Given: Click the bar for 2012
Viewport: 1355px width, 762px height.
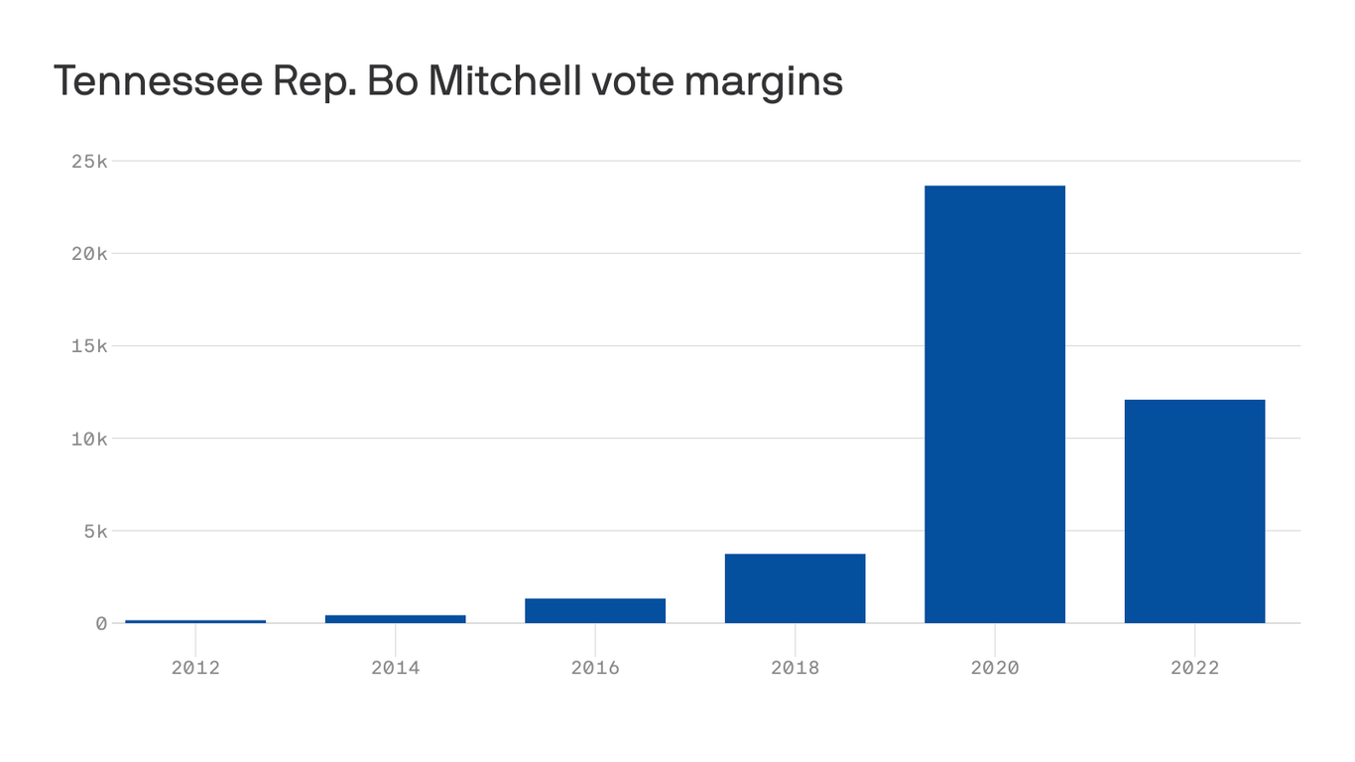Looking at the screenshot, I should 195,621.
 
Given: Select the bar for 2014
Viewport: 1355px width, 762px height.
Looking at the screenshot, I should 395,619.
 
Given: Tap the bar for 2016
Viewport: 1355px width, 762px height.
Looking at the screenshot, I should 595,611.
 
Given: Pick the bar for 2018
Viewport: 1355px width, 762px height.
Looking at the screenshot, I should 795,588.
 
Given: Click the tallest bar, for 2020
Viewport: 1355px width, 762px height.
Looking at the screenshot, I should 995,405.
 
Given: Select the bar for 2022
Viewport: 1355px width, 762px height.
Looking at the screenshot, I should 1194,512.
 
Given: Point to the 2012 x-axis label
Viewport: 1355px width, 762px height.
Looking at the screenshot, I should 195,668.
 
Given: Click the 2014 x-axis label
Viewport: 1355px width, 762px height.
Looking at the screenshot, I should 395,668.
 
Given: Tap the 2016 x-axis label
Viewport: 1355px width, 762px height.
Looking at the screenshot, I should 595,668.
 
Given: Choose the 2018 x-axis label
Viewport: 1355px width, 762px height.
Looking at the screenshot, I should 795,668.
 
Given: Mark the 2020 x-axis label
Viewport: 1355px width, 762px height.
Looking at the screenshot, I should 995,668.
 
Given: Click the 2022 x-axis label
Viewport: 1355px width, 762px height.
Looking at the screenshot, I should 1194,668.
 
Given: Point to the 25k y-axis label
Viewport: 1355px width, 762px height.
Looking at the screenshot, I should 89,161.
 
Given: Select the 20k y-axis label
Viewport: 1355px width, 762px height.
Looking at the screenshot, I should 89,253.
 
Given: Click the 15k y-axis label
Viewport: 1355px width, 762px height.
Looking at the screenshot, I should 89,346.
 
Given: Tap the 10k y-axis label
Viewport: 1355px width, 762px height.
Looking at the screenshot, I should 89,439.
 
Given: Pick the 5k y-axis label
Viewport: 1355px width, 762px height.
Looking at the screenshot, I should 95,531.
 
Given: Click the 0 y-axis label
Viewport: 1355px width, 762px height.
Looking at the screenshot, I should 101,623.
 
